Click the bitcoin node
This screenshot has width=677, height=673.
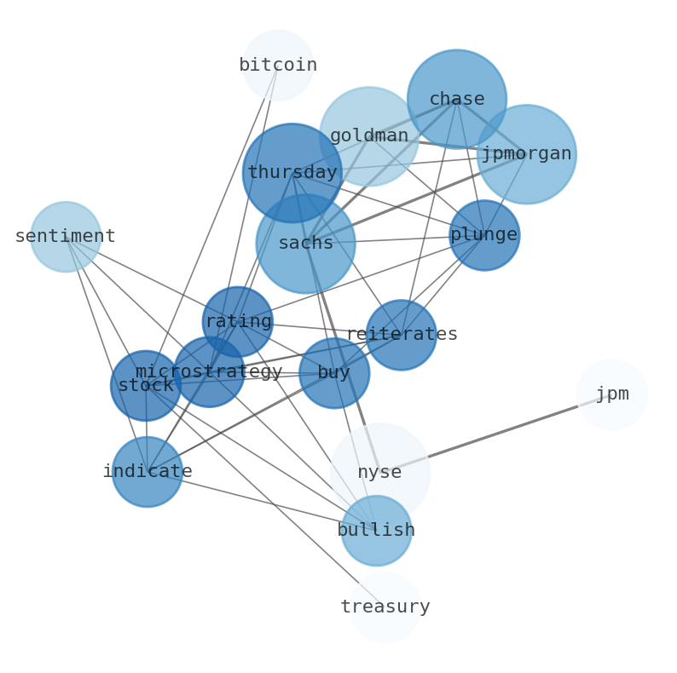[x=278, y=65]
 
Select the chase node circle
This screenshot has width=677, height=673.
[x=457, y=99]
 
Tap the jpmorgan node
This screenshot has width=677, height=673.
[x=526, y=154]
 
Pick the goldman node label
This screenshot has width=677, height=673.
[x=369, y=135]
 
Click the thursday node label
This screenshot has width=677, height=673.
[x=292, y=173]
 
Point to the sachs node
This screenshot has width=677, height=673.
[x=305, y=244]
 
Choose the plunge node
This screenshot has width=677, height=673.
[x=484, y=235]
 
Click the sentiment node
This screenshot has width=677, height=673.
[x=66, y=237]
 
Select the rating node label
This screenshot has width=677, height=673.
[x=238, y=322]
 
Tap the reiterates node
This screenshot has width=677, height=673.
[x=402, y=335]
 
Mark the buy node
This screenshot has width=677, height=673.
[x=334, y=373]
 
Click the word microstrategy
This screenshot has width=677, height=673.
[x=209, y=372]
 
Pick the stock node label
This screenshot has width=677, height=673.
[x=146, y=386]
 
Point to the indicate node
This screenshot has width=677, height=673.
[x=148, y=472]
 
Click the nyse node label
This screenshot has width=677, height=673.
[x=379, y=473]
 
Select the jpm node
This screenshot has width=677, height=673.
[x=612, y=394]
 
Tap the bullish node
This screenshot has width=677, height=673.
[x=376, y=531]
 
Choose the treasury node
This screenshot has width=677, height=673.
[x=385, y=607]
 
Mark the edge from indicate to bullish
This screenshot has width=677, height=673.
[x=256, y=500]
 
